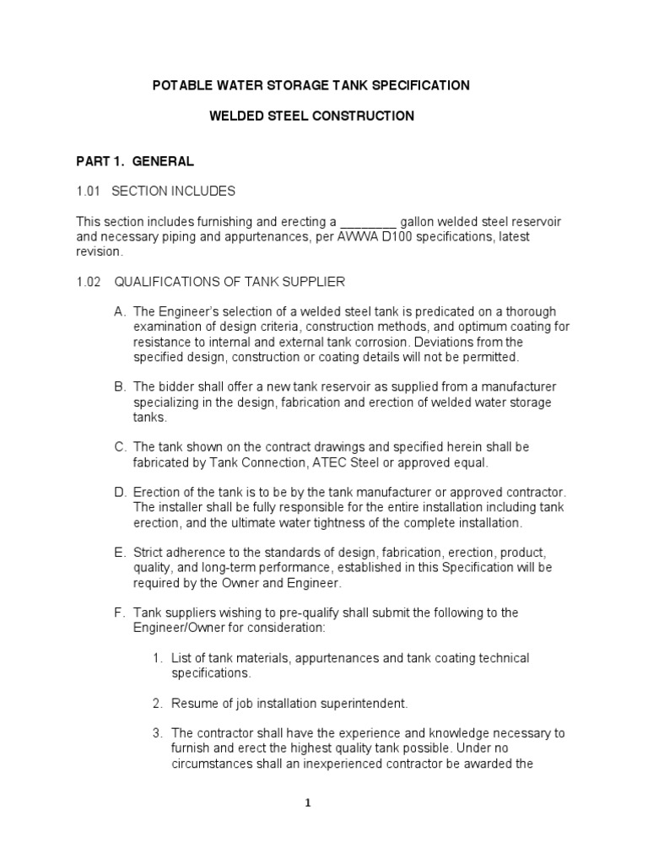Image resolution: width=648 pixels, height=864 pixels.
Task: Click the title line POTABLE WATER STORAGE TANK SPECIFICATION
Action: pyautogui.click(x=310, y=85)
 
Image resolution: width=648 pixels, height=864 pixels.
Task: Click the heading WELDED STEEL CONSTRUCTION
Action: pyautogui.click(x=311, y=116)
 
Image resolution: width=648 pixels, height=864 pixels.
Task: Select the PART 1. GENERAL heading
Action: pyautogui.click(x=135, y=160)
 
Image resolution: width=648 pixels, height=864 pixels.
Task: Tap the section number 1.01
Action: pyautogui.click(x=89, y=191)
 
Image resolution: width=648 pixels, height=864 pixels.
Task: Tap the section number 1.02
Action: pyautogui.click(x=89, y=281)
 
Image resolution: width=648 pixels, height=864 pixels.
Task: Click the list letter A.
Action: pyautogui.click(x=119, y=311)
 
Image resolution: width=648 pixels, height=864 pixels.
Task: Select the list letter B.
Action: pyautogui.click(x=119, y=386)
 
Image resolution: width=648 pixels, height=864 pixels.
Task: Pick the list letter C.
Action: pyautogui.click(x=119, y=446)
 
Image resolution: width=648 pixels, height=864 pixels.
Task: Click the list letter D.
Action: pyautogui.click(x=119, y=492)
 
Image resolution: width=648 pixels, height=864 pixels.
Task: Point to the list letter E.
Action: pyautogui.click(x=119, y=552)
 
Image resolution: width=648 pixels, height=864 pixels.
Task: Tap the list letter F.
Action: pyautogui.click(x=119, y=612)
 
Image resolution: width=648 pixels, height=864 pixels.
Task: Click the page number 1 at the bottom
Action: pyautogui.click(x=309, y=802)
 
